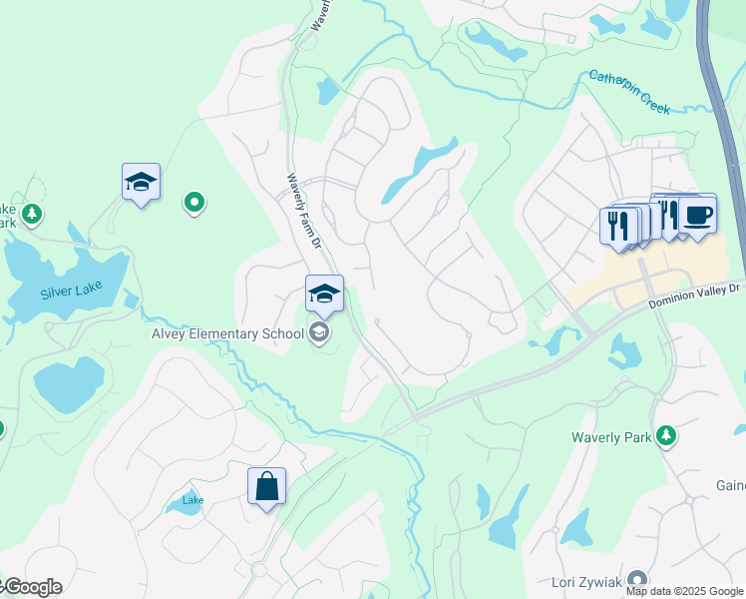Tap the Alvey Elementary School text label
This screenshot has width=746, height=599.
pyautogui.click(x=227, y=333)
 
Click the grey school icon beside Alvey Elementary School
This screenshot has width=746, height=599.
pyautogui.click(x=319, y=333)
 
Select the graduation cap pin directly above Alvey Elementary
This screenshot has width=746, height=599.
pyautogui.click(x=324, y=295)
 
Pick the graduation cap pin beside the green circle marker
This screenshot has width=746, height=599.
pyautogui.click(x=141, y=183)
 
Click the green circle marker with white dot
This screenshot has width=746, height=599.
pyautogui.click(x=194, y=204)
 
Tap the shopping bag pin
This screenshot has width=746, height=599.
pyautogui.click(x=266, y=487)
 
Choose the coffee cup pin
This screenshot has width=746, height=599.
pyautogui.click(x=698, y=215)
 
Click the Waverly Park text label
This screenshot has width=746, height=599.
pyautogui.click(x=610, y=437)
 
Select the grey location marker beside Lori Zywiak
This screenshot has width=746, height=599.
pyautogui.click(x=639, y=580)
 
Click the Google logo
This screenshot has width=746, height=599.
pyautogui.click(x=32, y=587)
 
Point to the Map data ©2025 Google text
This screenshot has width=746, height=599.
pyautogui.click(x=684, y=591)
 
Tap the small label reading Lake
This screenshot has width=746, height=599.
pyautogui.click(x=192, y=499)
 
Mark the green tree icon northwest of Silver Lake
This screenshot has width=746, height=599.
pyautogui.click(x=32, y=214)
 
